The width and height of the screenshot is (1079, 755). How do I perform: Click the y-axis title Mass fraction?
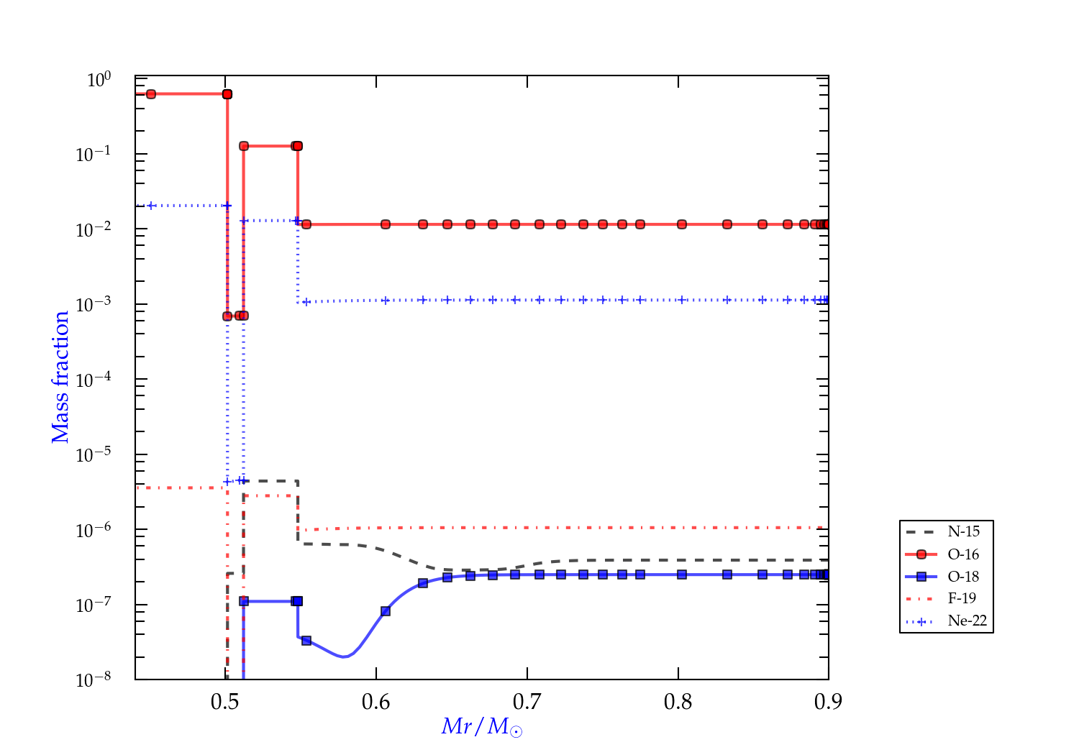click(x=60, y=377)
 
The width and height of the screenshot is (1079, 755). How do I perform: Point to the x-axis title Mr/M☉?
click(x=482, y=727)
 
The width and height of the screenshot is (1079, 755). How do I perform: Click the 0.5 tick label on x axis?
click(x=225, y=702)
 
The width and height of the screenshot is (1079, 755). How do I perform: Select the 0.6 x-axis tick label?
click(x=376, y=702)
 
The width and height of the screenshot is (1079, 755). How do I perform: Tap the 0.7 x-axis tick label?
click(x=527, y=702)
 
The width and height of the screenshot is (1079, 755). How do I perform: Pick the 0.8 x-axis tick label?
click(x=678, y=702)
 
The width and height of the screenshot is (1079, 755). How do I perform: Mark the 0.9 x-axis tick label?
click(x=829, y=702)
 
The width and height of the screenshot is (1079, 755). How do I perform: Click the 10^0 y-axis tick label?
click(x=99, y=80)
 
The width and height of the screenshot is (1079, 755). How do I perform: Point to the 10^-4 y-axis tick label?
click(x=94, y=380)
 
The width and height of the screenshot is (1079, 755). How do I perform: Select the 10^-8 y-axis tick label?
click(x=94, y=680)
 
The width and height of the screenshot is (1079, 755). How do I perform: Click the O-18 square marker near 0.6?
click(x=386, y=611)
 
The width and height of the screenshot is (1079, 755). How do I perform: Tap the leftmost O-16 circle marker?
click(x=151, y=94)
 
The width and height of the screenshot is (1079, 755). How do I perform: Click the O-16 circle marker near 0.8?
click(x=682, y=224)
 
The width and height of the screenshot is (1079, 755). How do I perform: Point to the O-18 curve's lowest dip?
click(x=345, y=656)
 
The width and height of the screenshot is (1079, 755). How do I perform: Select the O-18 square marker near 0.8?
click(x=682, y=575)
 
